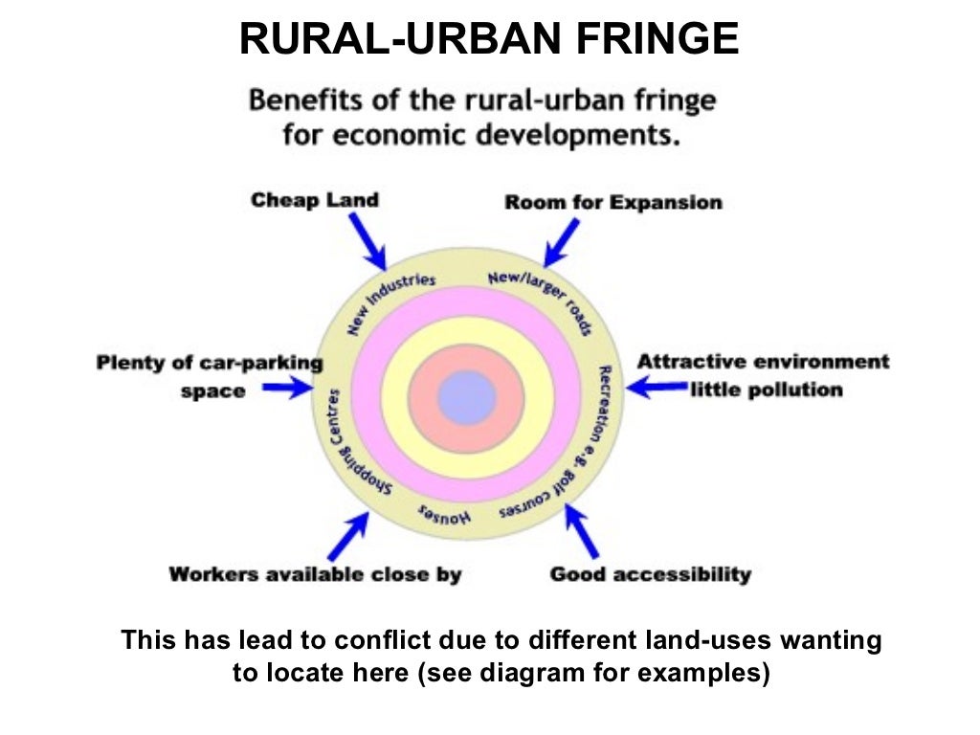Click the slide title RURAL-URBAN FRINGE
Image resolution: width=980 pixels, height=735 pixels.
tap(489, 39)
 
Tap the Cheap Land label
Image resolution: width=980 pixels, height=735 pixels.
tap(315, 200)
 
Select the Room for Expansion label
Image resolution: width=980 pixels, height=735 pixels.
tap(613, 202)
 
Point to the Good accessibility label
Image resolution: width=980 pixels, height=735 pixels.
tap(650, 574)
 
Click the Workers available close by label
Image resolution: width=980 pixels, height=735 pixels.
tap(315, 574)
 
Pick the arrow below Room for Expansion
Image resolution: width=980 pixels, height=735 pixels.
tap(561, 242)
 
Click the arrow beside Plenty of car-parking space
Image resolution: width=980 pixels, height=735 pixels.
tap(287, 388)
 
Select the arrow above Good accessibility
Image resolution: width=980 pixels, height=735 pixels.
tap(582, 530)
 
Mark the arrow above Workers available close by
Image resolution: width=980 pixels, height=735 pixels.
tap(348, 535)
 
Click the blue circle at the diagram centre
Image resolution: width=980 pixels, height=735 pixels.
tap(467, 396)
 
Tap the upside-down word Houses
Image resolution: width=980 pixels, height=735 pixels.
tap(445, 515)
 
